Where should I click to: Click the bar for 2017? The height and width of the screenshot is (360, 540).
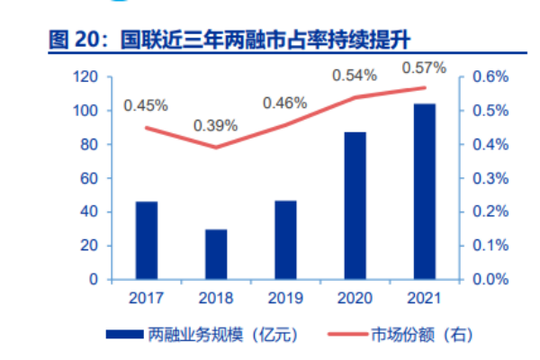tap(146, 240)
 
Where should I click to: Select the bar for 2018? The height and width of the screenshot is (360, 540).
tap(216, 254)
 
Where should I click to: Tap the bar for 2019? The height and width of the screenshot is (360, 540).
tap(285, 239)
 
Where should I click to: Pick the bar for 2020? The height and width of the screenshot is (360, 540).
tap(355, 205)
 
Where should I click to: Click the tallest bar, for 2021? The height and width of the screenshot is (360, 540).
tap(425, 191)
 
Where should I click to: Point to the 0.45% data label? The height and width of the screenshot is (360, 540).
tap(146, 105)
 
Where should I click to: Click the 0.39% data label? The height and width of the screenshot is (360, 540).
tap(216, 125)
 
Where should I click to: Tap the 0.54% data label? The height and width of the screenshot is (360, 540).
tap(355, 76)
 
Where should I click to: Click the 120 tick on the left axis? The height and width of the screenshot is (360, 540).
tap(85, 77)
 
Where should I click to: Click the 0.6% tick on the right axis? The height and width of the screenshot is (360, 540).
tap(486, 77)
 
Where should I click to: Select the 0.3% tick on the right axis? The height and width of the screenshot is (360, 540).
tap(486, 178)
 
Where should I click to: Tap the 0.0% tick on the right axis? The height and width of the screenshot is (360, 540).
tap(486, 279)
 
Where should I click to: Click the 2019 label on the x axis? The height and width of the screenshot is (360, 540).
tap(285, 298)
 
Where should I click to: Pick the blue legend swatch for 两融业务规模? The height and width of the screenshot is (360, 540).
tap(122, 335)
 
